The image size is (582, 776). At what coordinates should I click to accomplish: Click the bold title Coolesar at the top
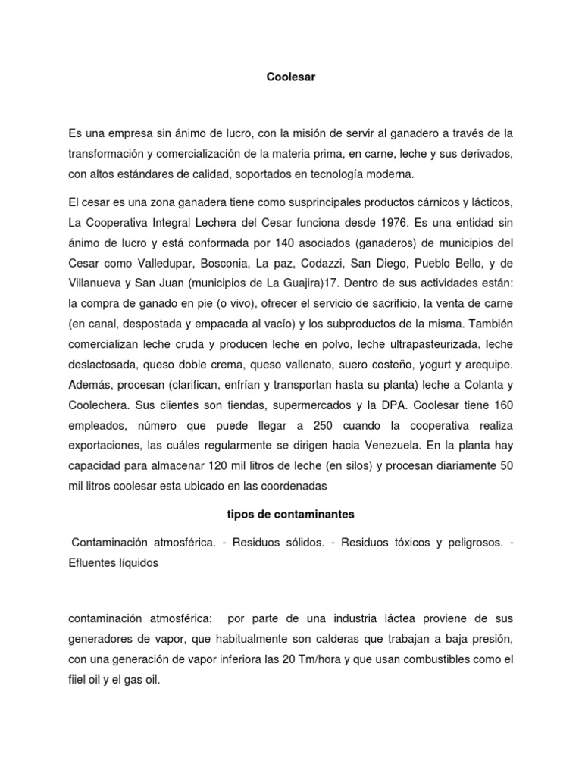291,77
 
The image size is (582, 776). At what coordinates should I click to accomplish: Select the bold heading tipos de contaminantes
291,515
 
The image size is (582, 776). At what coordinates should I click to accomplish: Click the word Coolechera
98,401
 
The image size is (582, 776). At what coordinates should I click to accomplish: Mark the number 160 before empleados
499,401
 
